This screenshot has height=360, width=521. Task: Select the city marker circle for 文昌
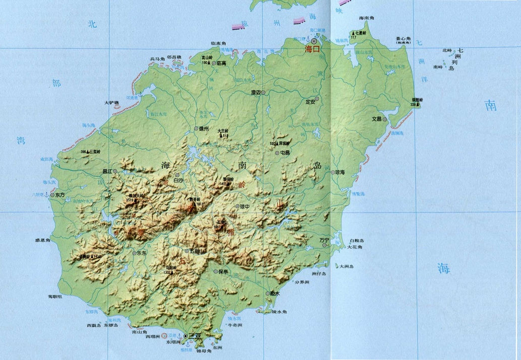coord(384,119)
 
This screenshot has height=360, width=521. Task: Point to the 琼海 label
coord(340,172)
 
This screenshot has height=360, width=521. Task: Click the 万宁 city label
coord(323,240)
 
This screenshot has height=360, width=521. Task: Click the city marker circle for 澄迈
coord(263,92)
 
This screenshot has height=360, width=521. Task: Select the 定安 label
coord(310,102)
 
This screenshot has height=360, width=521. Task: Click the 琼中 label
coord(245,206)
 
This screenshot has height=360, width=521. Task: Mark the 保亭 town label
coord(224,271)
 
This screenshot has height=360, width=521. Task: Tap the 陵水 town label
coord(275,294)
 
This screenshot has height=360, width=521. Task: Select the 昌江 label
coord(107,171)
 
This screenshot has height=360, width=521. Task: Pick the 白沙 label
coord(178,179)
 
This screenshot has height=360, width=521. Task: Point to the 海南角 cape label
coord(368,18)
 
